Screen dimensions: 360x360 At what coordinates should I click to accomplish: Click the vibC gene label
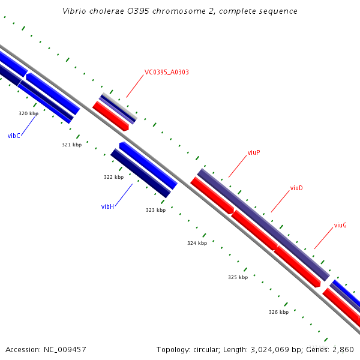pos(14,136)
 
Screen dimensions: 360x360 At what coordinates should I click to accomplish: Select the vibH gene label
pos(107,206)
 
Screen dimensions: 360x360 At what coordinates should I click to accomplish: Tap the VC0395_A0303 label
pos(166,73)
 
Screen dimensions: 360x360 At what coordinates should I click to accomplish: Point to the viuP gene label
pos(254,153)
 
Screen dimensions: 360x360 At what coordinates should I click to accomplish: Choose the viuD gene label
pos(296,188)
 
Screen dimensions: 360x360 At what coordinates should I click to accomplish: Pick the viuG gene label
pos(340,226)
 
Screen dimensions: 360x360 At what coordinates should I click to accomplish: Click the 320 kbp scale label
pos(28,113)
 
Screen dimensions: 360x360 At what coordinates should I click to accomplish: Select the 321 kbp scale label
pos(71,145)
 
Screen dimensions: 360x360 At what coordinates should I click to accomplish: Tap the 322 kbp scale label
pos(113,177)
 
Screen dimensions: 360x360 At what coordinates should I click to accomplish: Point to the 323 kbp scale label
pos(155,211)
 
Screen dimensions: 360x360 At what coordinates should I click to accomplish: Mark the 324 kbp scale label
pos(197,243)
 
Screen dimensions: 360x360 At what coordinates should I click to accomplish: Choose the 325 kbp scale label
pos(238,277)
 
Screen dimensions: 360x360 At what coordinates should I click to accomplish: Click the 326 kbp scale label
pos(278,312)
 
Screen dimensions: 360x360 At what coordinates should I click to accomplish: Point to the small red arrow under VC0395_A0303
pos(112,116)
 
